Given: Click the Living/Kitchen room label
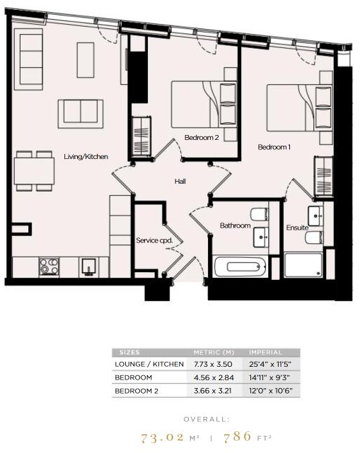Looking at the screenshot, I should [x=86, y=156].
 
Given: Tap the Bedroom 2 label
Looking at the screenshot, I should [x=202, y=137].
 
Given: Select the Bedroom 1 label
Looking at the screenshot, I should [x=274, y=147].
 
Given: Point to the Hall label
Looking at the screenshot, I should [x=180, y=182].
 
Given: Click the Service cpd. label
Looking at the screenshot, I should [x=154, y=240].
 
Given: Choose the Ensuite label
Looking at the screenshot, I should [x=296, y=228].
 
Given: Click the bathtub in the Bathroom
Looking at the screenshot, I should [x=240, y=266].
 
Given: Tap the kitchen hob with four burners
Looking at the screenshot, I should [x=50, y=266].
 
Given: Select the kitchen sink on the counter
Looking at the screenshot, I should [x=89, y=266].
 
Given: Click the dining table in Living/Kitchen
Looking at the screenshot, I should [x=34, y=170].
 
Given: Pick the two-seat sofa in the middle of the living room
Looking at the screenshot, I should [x=80, y=112].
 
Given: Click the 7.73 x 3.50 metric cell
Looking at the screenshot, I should [x=209, y=364].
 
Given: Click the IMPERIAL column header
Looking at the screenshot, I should [x=265, y=352].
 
